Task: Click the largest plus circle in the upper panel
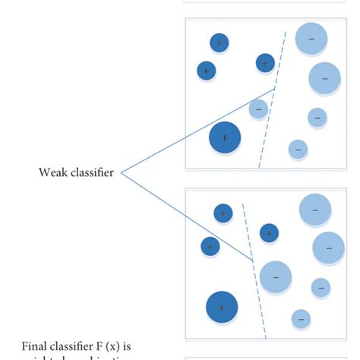[x=225, y=138]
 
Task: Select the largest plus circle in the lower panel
[x=222, y=307]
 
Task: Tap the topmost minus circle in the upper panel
[x=311, y=39]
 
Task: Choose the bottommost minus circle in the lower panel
[x=301, y=319]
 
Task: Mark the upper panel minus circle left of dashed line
[x=258, y=109]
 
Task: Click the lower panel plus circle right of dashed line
[x=269, y=233]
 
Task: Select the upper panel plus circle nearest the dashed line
[x=264, y=63]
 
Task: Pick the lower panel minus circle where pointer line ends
[x=275, y=277]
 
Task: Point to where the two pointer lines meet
[x=121, y=173]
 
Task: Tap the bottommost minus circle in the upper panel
[x=298, y=149]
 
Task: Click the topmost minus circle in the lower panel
[x=314, y=210]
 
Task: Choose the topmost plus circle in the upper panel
[x=219, y=43]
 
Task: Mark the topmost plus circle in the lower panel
[x=223, y=213]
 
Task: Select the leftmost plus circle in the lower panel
[x=210, y=246]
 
